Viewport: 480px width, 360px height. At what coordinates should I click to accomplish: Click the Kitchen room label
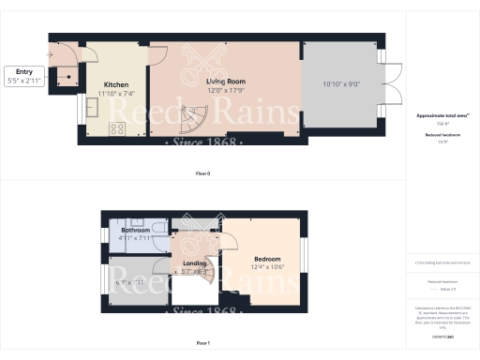(116, 83)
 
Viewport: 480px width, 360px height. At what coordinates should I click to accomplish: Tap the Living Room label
(226, 82)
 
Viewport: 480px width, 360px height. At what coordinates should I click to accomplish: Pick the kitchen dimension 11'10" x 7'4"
(116, 93)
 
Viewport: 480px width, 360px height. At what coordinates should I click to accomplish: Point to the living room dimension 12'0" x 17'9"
(226, 91)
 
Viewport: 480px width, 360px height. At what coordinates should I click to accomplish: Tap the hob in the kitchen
(120, 129)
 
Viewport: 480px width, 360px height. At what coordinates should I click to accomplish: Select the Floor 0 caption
(202, 174)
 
